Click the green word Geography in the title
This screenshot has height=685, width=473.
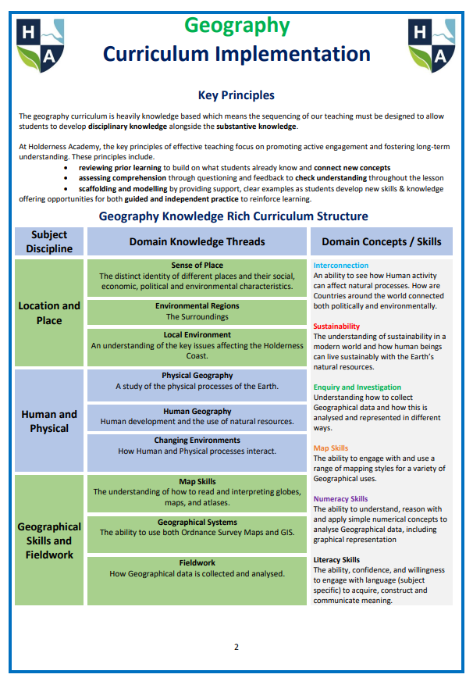(x=236, y=26)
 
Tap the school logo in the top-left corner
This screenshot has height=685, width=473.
(x=40, y=45)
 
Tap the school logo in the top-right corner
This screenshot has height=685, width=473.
(x=432, y=45)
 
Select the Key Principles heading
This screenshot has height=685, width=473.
(x=236, y=95)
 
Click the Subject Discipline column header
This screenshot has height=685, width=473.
(x=49, y=241)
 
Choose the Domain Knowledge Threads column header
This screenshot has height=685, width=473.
(x=197, y=242)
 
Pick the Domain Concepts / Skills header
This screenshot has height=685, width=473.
(x=382, y=242)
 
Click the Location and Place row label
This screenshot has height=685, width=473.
(x=49, y=312)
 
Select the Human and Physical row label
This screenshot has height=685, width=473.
(x=49, y=421)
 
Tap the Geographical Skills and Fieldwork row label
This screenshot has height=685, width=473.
(x=49, y=541)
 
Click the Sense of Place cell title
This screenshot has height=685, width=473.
(x=197, y=266)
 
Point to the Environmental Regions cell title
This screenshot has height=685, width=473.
(x=197, y=306)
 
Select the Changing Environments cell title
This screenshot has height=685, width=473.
(x=197, y=441)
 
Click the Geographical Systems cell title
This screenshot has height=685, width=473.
(x=197, y=522)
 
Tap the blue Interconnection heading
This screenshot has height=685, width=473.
(x=341, y=266)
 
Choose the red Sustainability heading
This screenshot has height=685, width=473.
(x=336, y=326)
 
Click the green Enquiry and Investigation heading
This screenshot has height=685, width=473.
(x=357, y=387)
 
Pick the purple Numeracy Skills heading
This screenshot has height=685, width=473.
(x=340, y=498)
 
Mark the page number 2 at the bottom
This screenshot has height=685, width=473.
(x=236, y=647)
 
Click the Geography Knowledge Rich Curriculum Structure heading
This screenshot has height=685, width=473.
(x=233, y=216)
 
